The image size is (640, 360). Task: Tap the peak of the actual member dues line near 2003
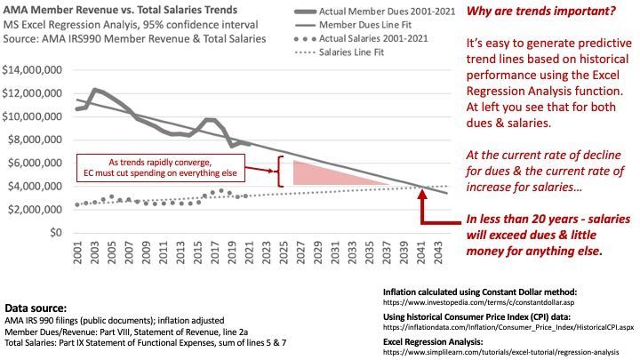95,89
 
